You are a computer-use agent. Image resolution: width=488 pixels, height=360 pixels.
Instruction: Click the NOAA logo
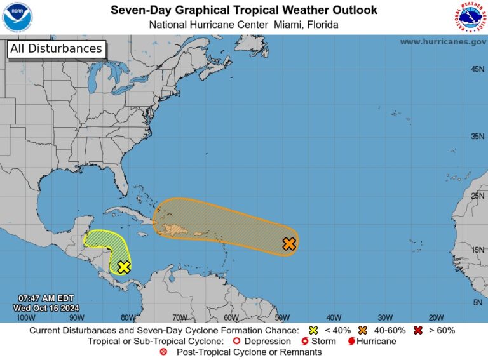18,17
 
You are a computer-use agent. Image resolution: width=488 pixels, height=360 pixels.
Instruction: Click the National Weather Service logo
470,17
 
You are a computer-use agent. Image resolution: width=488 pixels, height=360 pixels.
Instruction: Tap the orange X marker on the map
289,244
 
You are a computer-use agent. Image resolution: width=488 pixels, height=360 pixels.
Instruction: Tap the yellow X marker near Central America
124,267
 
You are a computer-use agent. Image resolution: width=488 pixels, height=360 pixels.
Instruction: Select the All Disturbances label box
56,49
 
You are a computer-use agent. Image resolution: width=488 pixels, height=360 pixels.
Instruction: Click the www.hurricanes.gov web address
443,41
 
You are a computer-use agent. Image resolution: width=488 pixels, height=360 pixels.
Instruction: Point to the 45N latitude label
477,69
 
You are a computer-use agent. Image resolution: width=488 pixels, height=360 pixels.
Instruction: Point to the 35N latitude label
477,137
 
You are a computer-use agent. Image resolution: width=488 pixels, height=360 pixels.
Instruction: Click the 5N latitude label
479,302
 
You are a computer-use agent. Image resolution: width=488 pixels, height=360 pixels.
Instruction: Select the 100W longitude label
25,317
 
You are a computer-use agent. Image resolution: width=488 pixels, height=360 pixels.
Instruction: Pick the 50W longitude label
282,317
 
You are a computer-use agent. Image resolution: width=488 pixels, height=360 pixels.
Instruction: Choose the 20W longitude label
436,317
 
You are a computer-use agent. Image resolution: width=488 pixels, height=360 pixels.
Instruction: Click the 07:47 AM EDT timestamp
46,298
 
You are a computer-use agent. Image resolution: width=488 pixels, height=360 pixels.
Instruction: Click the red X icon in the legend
418,330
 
